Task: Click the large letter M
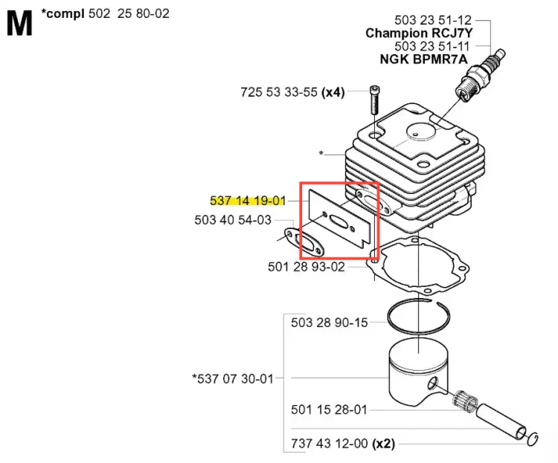coord(19,23)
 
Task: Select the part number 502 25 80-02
coord(129,13)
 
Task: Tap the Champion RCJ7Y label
coord(419,33)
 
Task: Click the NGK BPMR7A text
coord(423,59)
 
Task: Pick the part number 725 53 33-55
coord(279,92)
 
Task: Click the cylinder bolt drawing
coord(374,100)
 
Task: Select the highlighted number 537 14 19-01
coord(248,201)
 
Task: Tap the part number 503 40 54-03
coord(233,220)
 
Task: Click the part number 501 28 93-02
coord(307,267)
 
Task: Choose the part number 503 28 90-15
coord(329,323)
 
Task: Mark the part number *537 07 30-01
coord(233,379)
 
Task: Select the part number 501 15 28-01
coord(329,409)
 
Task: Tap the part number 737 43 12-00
coord(329,444)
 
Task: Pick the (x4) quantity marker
coord(333,92)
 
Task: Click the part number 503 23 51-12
coord(433,20)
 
